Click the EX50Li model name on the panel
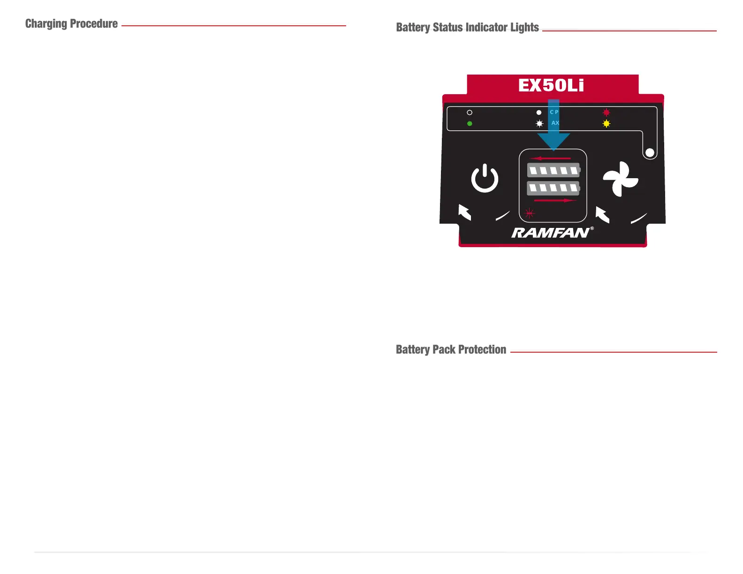[551, 85]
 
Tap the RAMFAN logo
[551, 233]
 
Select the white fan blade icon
[620, 179]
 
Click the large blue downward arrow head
[553, 141]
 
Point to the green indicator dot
[470, 123]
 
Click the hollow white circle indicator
[470, 113]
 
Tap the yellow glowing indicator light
[607, 124]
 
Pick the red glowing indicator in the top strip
[607, 113]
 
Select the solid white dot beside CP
[539, 113]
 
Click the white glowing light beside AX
[539, 124]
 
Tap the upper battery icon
[553, 170]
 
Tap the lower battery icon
[553, 188]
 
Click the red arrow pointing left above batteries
[550, 159]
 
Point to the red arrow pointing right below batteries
[555, 201]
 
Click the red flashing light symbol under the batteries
[530, 213]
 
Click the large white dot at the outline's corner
[650, 152]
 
